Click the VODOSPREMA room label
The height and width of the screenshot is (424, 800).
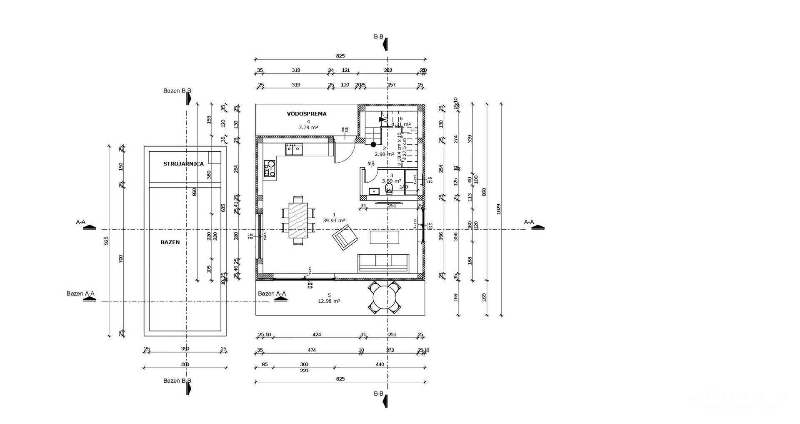(x=307, y=114)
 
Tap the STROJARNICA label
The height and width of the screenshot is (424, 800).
(x=183, y=164)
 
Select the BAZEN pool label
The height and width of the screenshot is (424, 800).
(x=170, y=242)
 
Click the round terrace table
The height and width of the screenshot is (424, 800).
(x=384, y=298)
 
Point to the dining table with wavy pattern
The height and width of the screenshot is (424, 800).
(x=298, y=220)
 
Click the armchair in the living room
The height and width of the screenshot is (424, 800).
(x=345, y=237)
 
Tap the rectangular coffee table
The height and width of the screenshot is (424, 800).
(x=385, y=237)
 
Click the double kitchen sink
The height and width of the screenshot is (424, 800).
(x=294, y=149)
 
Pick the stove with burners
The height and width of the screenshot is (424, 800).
(x=270, y=168)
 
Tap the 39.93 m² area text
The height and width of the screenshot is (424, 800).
(x=334, y=221)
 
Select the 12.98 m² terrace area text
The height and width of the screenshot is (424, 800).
(x=329, y=301)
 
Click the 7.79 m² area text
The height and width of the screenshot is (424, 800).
(x=308, y=128)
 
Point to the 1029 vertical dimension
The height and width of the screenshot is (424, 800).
(x=499, y=209)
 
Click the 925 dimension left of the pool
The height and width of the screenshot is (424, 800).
(x=106, y=241)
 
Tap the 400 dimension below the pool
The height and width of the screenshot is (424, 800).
(x=185, y=364)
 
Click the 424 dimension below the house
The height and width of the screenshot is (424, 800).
(x=317, y=334)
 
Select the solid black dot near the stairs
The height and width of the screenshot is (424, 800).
(x=373, y=145)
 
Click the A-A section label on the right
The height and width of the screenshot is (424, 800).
(x=529, y=222)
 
